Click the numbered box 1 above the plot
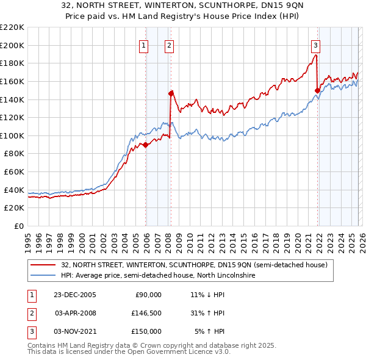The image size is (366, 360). click(x=143, y=45)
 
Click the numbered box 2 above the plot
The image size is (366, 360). click(x=168, y=45)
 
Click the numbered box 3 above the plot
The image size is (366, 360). click(x=315, y=45)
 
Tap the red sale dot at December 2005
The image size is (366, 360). click(x=146, y=145)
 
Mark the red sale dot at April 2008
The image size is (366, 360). click(x=171, y=93)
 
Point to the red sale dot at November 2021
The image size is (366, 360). click(x=317, y=90)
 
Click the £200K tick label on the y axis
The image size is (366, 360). click(x=12, y=45)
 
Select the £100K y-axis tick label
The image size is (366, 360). click(x=12, y=135)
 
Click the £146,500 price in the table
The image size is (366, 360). click(x=147, y=313)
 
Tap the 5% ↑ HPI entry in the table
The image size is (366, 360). click(x=209, y=331)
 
